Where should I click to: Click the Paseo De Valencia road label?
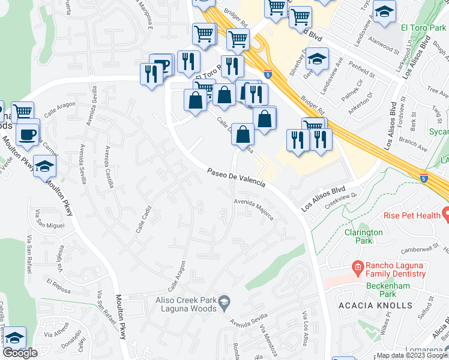237,179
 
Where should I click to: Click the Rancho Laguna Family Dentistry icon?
357,266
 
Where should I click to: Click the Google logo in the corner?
20,353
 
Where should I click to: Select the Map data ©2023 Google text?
412,355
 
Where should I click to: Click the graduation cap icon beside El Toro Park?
384,12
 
